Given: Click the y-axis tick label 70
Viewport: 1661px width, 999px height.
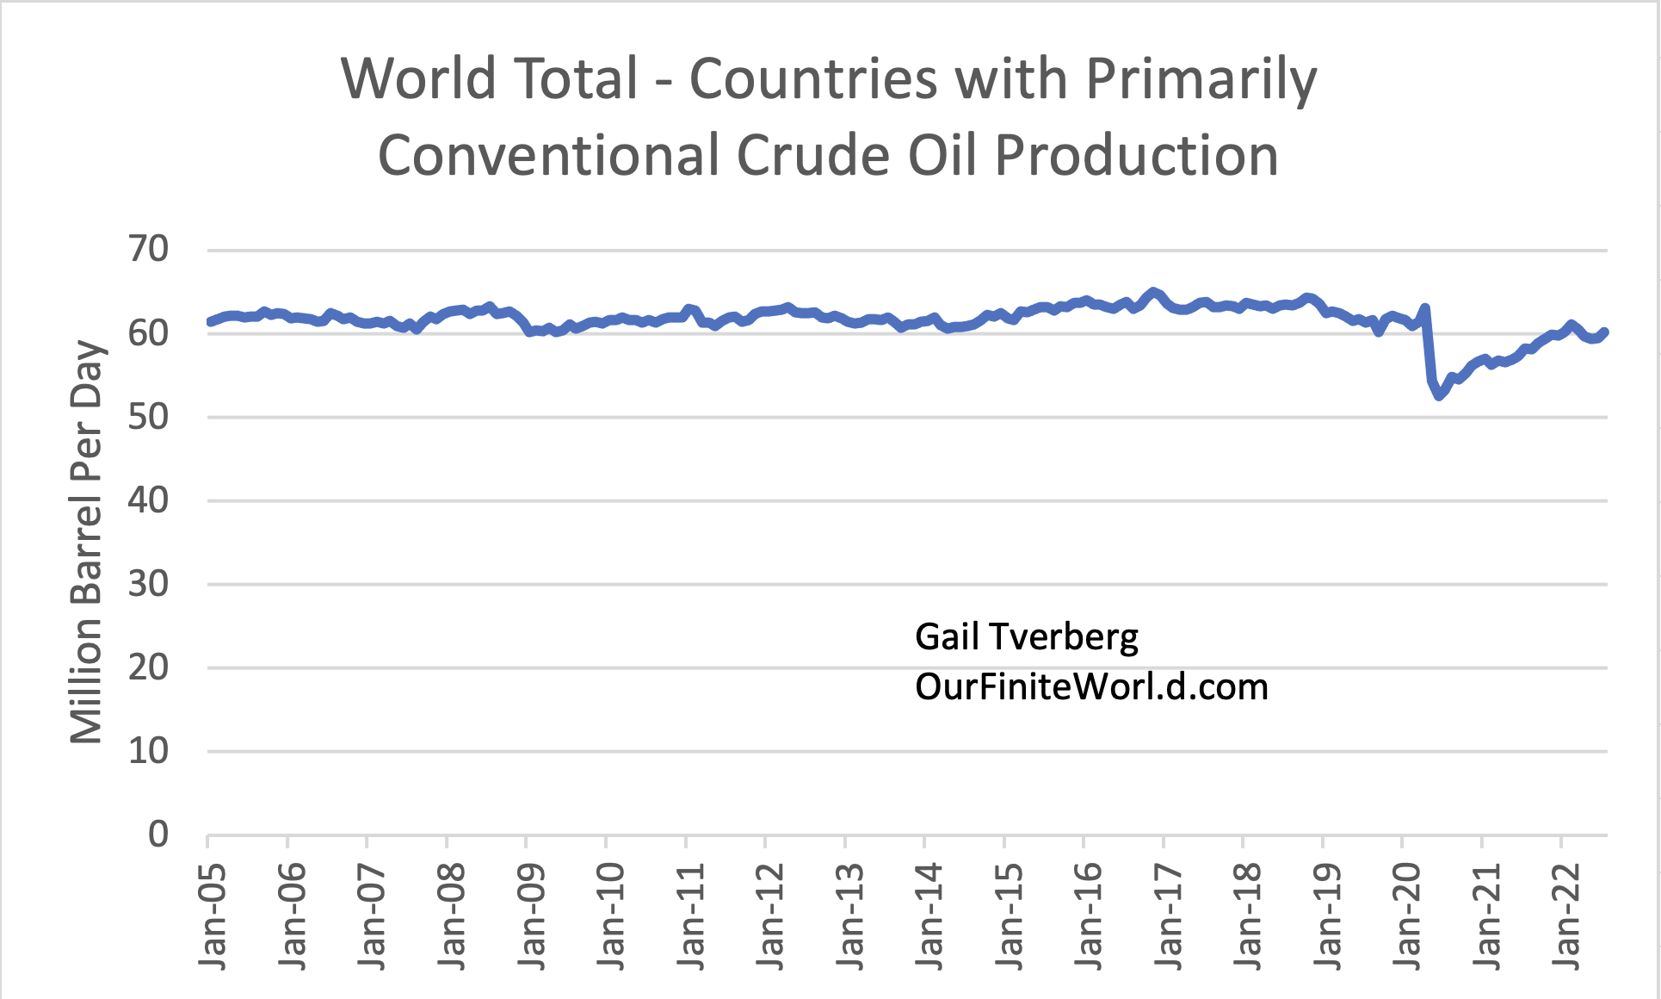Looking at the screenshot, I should [148, 250].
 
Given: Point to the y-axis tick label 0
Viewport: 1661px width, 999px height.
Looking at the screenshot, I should [157, 834].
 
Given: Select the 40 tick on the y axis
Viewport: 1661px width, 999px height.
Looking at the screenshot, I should [148, 500].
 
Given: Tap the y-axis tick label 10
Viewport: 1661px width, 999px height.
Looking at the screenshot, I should [148, 751].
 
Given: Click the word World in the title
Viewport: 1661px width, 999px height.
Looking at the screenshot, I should [418, 79].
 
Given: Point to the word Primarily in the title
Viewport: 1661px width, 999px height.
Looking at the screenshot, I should [1201, 79].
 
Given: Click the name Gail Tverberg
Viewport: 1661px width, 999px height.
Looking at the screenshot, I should [1026, 637].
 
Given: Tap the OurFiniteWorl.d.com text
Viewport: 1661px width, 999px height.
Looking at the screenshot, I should [1091, 687].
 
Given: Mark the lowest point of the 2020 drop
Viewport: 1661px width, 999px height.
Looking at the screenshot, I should [1439, 395].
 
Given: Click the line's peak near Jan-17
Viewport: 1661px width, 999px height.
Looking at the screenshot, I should [1154, 292].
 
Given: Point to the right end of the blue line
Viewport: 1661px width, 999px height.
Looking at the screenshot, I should [1605, 332].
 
